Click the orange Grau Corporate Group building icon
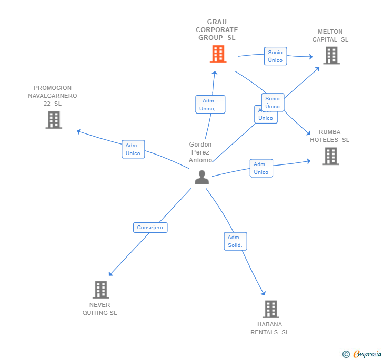point(218,54)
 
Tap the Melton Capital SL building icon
point(331,56)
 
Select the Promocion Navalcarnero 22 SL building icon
point(54,120)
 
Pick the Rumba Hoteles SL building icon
point(330,156)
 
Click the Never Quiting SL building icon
point(100,290)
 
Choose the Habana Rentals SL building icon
point(270,309)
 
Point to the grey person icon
point(201,178)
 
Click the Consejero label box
point(150,228)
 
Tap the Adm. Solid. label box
point(235,241)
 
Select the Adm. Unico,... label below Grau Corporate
point(210,105)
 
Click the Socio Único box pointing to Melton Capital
point(275,56)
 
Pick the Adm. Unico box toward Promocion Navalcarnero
point(133,149)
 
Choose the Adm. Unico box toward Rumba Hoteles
point(261,168)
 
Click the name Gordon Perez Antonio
point(200,152)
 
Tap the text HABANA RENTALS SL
point(270,328)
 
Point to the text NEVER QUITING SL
point(100,309)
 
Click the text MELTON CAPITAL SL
point(330,36)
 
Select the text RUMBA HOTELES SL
point(330,136)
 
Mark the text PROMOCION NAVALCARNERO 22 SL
point(53,96)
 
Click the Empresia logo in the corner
point(362,354)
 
